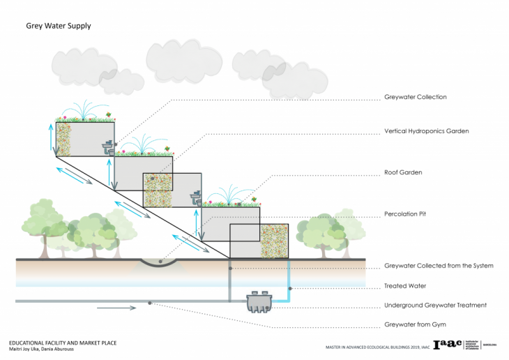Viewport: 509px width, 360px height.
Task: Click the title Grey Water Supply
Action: pyautogui.click(x=59, y=26)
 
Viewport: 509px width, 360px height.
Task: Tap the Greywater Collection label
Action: pyautogui.click(x=416, y=97)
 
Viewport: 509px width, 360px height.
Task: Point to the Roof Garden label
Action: pyautogui.click(x=403, y=172)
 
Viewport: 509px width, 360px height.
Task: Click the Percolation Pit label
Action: pyautogui.click(x=406, y=213)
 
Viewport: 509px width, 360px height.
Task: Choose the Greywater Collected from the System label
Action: pyautogui.click(x=439, y=266)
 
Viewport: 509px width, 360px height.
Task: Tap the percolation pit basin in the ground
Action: pyautogui.click(x=160, y=262)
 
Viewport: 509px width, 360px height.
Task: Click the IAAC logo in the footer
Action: pyautogui.click(x=447, y=344)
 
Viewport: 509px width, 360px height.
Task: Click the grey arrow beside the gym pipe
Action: pyautogui.click(x=116, y=308)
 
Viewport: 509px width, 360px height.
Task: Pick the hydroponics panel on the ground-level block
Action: pyautogui.click(x=274, y=241)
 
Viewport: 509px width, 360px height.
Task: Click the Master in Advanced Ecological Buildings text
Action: pyautogui.click(x=375, y=347)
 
